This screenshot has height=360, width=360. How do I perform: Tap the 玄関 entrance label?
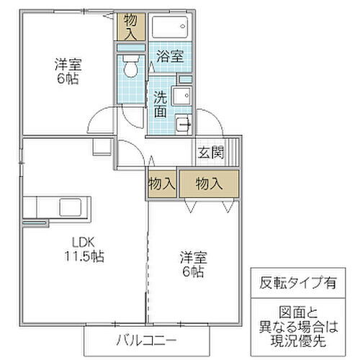click(x=211, y=152)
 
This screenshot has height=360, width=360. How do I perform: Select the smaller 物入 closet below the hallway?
click(x=162, y=184)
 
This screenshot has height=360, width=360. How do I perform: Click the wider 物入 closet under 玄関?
click(x=209, y=184)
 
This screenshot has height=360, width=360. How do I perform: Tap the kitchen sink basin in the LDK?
click(x=71, y=204)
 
